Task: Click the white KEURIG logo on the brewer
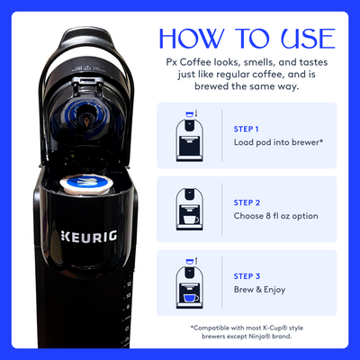[89, 237]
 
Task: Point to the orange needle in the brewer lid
[86, 122]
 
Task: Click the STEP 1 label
[246, 129]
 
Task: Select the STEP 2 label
[247, 202]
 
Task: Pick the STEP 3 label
[247, 276]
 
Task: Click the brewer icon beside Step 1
[190, 136]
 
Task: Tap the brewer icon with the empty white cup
[190, 210]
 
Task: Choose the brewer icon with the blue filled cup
[190, 283]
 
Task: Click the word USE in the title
[309, 39]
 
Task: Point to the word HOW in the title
[193, 39]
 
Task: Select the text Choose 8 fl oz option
[275, 216]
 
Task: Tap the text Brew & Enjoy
[259, 290]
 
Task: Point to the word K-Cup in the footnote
[271, 328]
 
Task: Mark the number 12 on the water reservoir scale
[129, 283]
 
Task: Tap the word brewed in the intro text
[211, 86]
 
